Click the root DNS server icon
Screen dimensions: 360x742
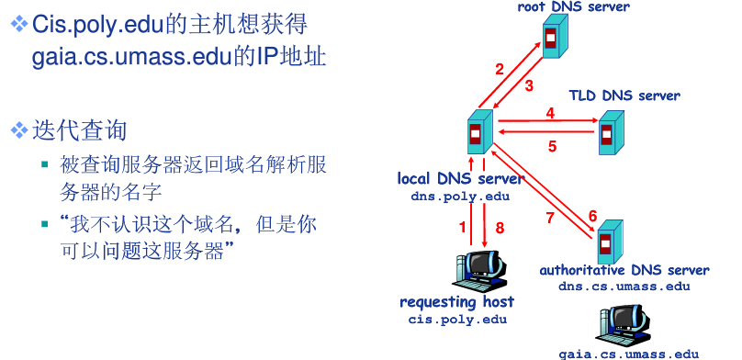click(552, 38)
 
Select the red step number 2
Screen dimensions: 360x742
click(500, 69)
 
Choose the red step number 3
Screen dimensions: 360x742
click(529, 87)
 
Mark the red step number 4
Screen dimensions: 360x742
click(551, 113)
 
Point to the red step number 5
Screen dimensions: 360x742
click(553, 145)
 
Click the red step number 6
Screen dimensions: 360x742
click(592, 215)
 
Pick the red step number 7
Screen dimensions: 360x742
click(550, 218)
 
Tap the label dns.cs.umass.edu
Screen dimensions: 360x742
click(624, 286)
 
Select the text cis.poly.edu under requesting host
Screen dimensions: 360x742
click(457, 319)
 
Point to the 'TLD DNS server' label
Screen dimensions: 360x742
click(624, 96)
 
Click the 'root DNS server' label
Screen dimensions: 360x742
click(574, 7)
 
